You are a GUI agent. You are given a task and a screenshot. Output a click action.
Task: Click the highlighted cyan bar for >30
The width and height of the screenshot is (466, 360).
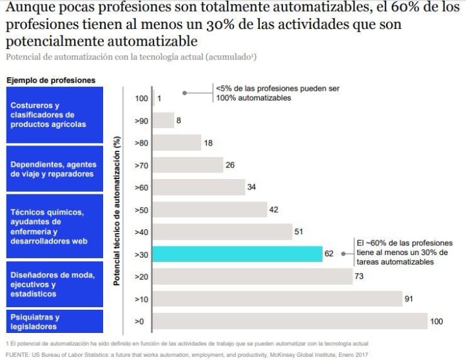coord(238,254)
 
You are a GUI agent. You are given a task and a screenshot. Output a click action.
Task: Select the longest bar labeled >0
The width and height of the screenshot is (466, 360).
coord(291,321)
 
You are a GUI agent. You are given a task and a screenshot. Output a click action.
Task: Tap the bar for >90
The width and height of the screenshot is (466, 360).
coord(164,120)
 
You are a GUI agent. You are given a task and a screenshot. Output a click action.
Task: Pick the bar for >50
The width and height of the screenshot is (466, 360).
coord(210,209)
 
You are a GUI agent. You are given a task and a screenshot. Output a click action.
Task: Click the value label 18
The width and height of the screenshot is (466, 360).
coord(208,143)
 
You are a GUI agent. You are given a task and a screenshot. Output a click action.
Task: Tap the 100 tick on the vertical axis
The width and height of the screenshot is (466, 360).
coord(141,99)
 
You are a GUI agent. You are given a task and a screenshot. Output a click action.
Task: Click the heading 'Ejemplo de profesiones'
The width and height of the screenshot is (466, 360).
coord(51,80)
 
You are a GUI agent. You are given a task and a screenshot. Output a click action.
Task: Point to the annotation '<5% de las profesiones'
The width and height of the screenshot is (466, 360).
coord(277,93)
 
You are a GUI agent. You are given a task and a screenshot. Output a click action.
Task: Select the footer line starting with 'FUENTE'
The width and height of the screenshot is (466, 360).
coord(187,354)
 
